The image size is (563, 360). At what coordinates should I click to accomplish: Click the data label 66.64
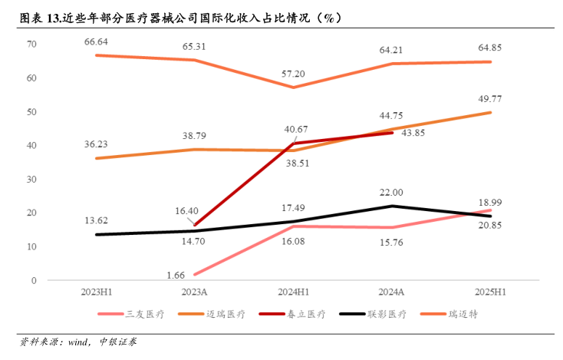point(97,41)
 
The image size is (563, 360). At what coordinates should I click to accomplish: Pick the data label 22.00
point(391,193)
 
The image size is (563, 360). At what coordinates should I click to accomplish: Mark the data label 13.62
point(97,221)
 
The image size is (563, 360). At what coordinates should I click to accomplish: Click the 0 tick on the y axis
point(34,281)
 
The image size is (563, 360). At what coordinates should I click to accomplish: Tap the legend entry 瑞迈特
point(463,314)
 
